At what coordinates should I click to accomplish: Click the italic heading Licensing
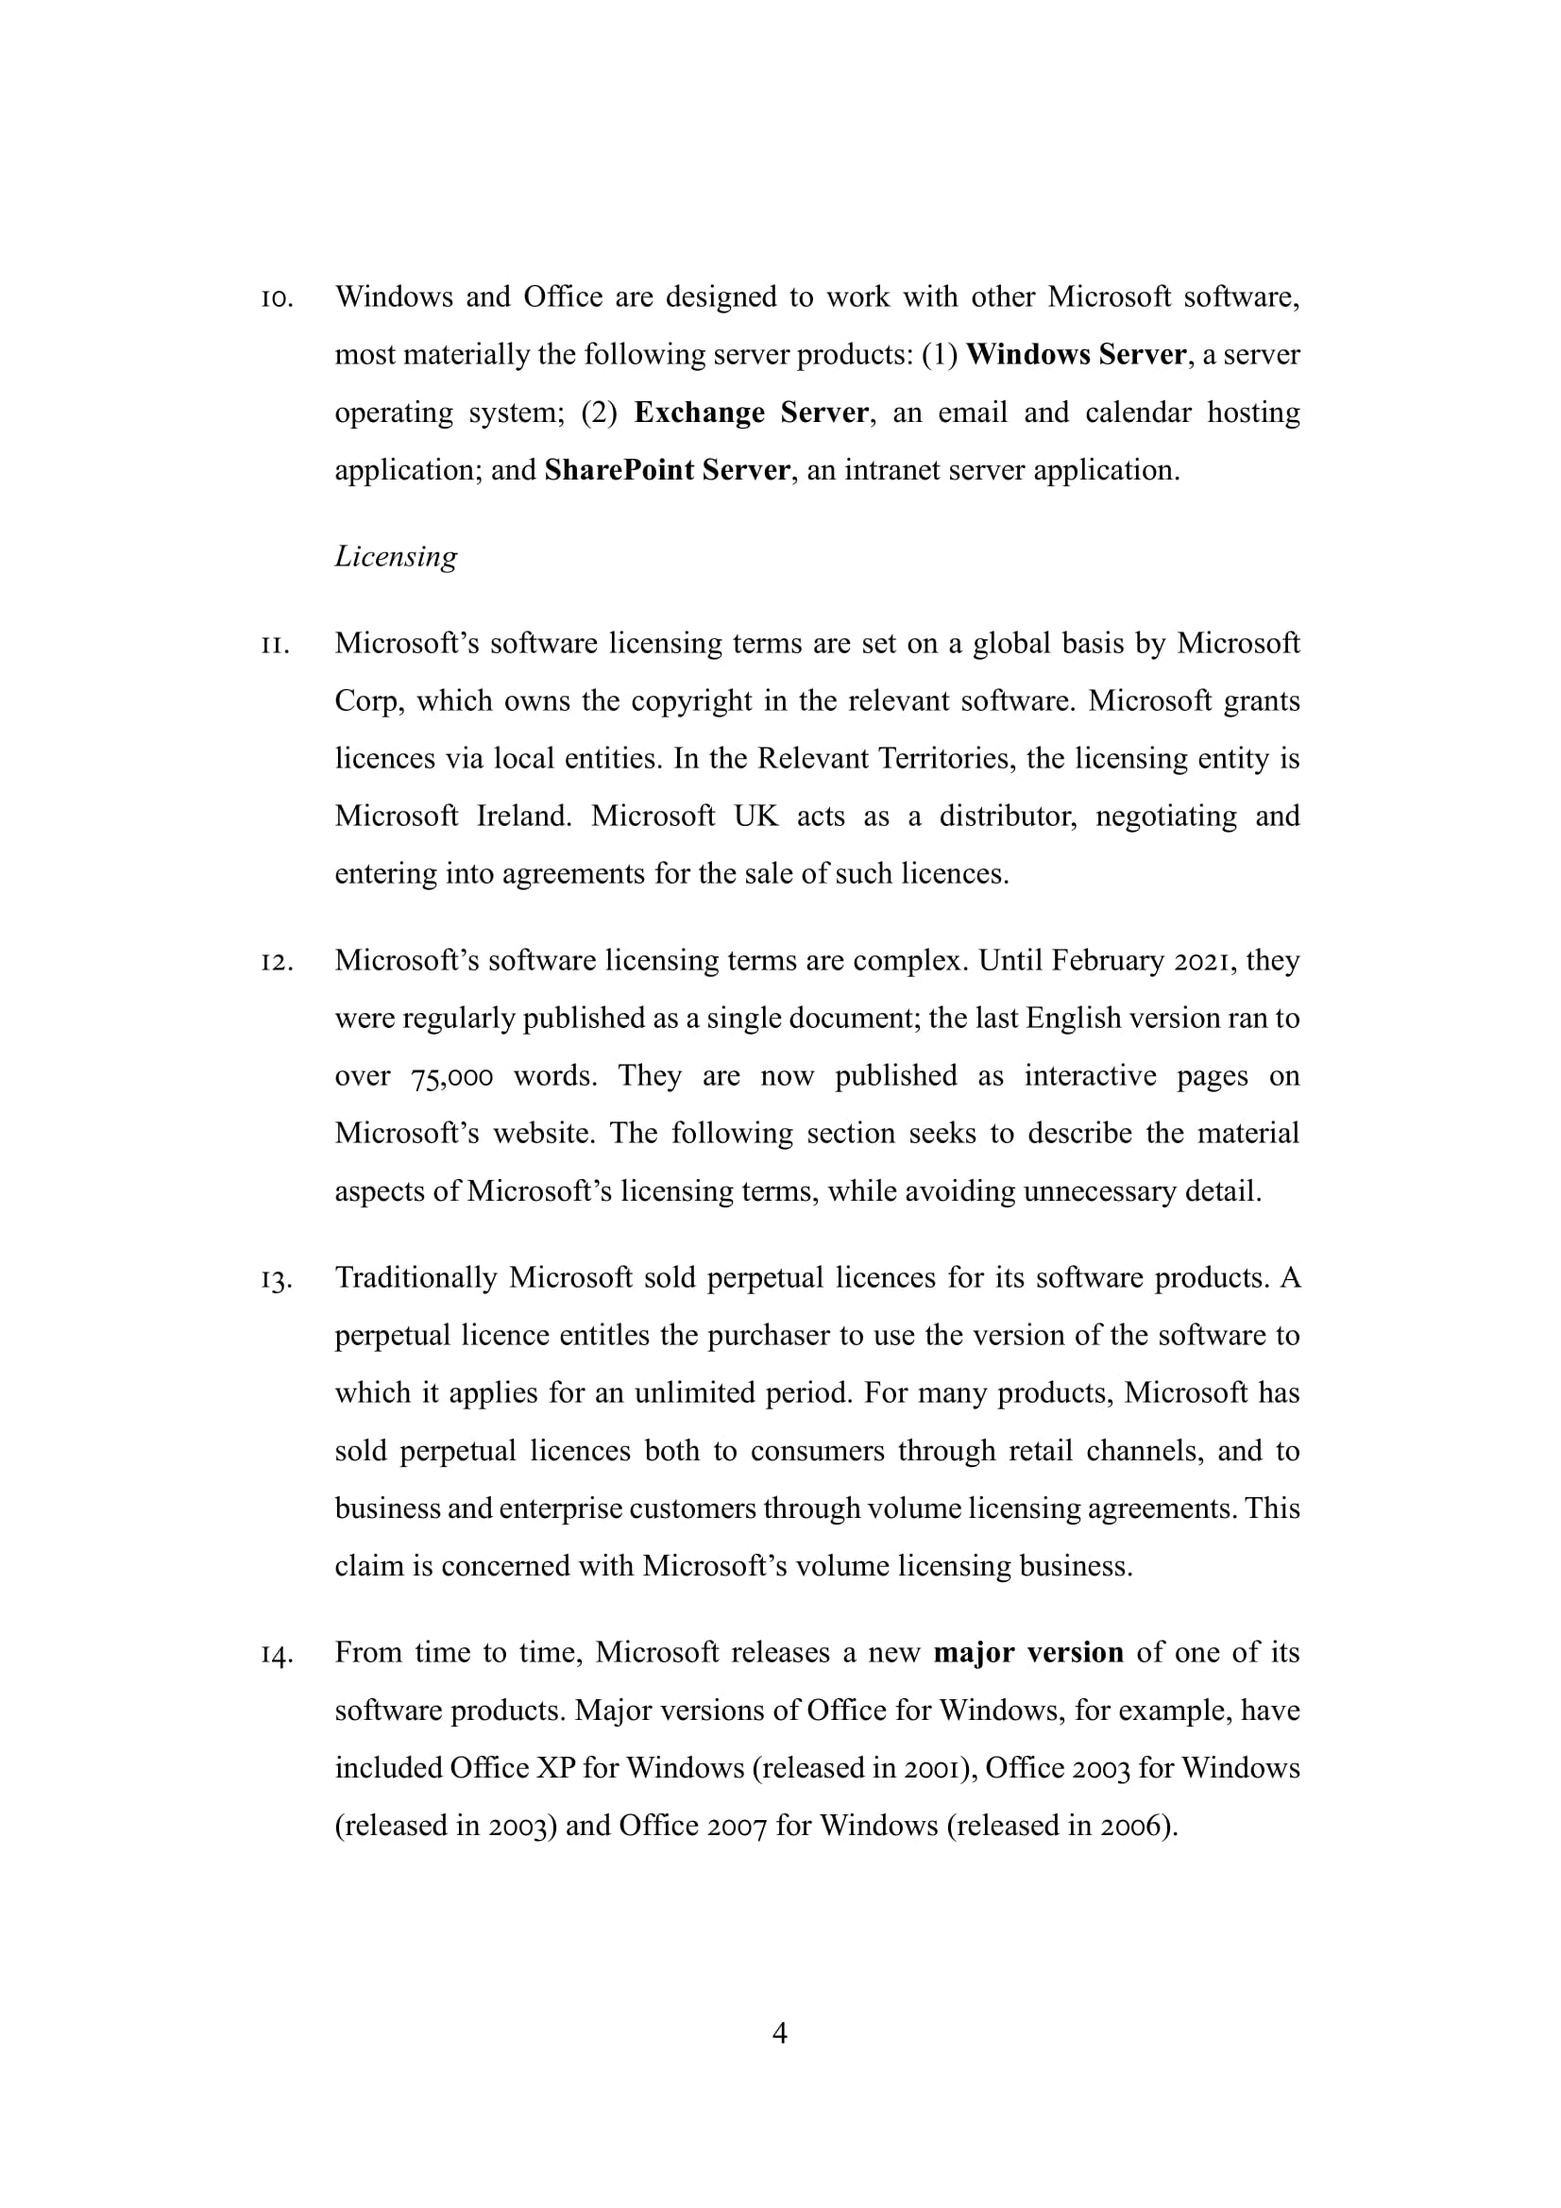pos(396,557)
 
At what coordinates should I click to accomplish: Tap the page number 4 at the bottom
pos(780,2032)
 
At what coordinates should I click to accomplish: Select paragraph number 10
pos(276,298)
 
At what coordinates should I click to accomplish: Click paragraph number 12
pos(276,962)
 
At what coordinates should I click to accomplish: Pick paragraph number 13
pos(276,1280)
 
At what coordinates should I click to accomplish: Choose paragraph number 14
pos(276,1655)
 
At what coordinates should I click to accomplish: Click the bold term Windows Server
pos(1076,355)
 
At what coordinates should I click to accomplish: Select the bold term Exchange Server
pos(751,413)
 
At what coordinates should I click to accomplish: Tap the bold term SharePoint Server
pos(667,470)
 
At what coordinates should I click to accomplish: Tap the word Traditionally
pos(416,1278)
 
